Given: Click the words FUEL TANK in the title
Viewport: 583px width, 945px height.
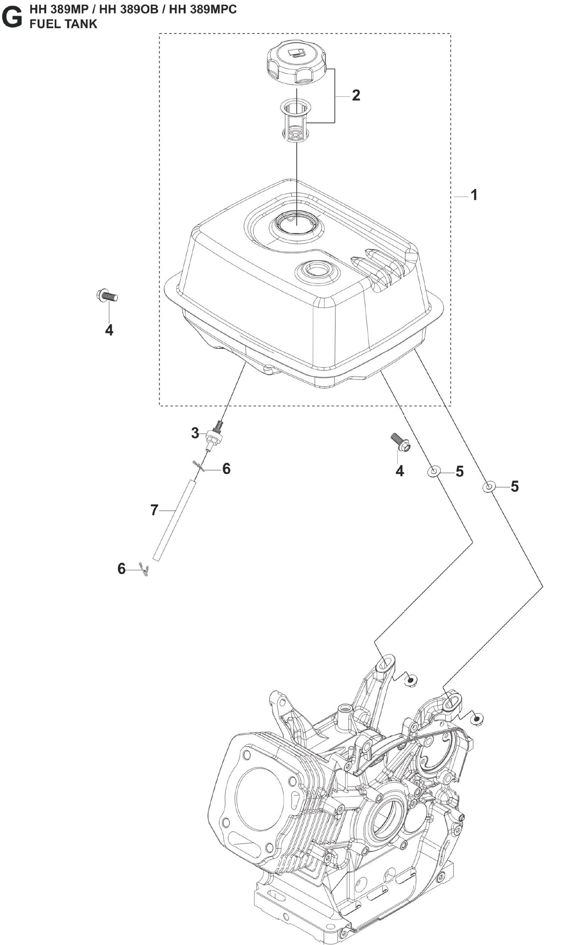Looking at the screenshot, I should tap(63, 24).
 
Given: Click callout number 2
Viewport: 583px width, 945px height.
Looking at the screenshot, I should tap(355, 96).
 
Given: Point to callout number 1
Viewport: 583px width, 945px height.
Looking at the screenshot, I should tap(474, 195).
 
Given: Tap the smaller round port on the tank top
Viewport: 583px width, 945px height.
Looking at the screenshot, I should tap(316, 270).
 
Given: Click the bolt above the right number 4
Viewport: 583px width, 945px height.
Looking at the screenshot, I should tap(400, 442).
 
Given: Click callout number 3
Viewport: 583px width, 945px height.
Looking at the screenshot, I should tap(195, 433).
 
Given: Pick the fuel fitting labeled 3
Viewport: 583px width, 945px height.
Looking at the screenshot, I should tap(214, 436).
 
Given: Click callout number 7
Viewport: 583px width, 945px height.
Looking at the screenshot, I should tap(154, 510).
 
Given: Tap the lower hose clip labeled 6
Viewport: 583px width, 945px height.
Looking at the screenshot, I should tap(144, 569).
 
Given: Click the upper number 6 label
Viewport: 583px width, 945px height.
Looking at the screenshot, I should tap(226, 469).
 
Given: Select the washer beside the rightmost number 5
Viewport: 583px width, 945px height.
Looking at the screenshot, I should tap(489, 487).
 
